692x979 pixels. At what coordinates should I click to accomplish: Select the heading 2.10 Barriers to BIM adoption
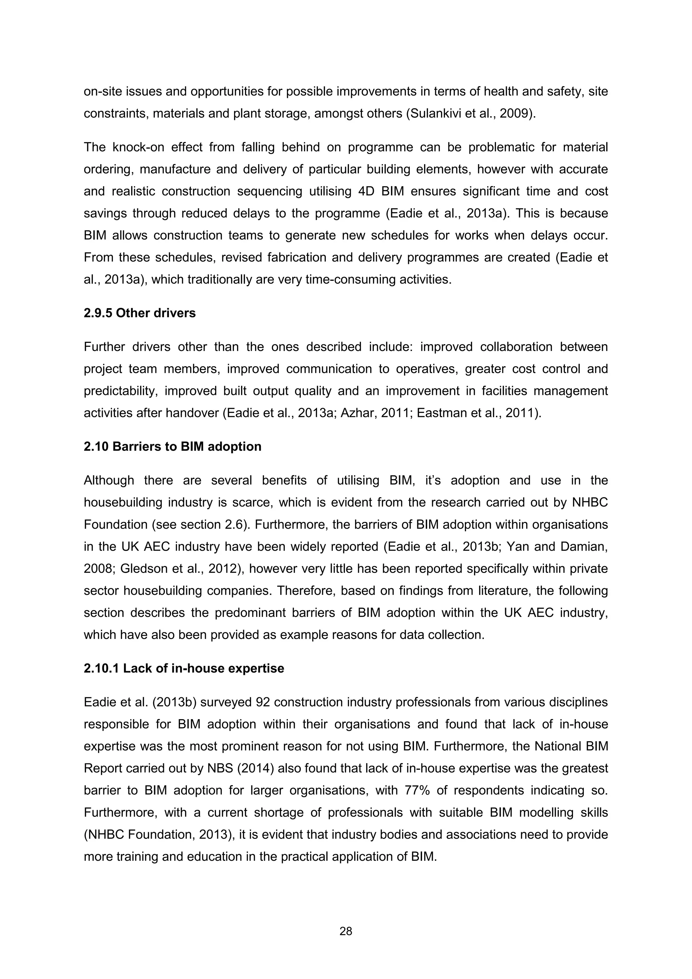click(x=172, y=447)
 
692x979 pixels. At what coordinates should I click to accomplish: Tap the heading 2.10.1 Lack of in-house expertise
click(x=184, y=668)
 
